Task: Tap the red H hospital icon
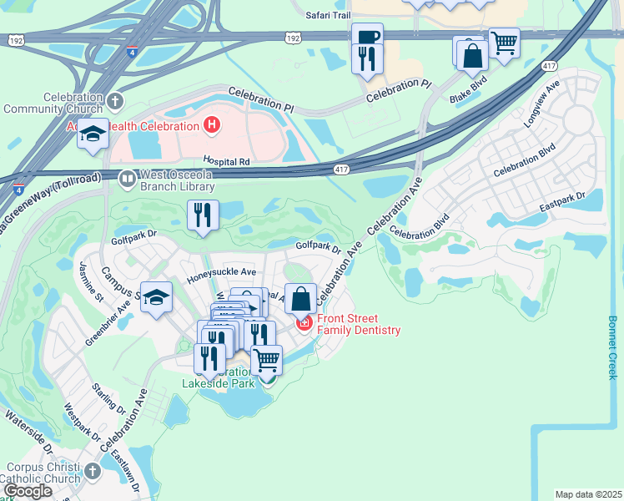[212, 126]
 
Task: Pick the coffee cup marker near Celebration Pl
[367, 38]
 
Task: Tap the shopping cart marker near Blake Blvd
[504, 43]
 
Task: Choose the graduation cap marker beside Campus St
[156, 298]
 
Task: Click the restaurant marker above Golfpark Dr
[204, 215]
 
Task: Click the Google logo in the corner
[28, 491]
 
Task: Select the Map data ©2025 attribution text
[588, 494]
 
